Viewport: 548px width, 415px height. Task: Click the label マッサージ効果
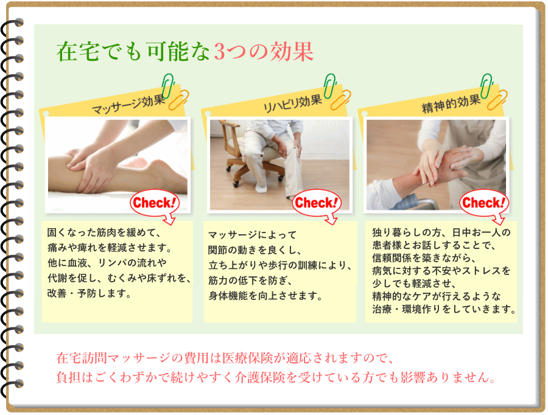128,105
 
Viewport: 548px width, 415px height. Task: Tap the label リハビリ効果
292,103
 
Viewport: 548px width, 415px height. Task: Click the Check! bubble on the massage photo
155,204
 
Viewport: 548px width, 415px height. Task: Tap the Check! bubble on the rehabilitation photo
317,204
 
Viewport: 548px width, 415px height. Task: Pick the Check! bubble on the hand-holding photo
484,204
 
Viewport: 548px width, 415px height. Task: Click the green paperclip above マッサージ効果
168,85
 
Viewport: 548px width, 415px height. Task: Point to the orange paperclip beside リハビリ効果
341,100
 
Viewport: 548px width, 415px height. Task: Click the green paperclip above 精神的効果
486,85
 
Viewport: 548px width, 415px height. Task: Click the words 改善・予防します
89,293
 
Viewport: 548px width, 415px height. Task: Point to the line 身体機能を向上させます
265,296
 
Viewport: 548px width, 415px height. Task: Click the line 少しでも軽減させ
413,284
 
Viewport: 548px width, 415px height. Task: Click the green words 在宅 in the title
78,52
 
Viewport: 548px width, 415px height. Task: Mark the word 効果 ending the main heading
292,52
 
